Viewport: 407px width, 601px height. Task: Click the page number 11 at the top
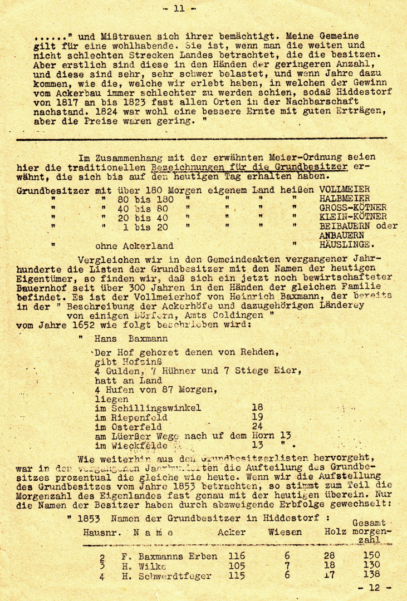click(179, 8)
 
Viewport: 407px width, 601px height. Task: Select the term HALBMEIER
click(345, 199)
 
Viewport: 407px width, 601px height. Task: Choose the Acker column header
click(232, 533)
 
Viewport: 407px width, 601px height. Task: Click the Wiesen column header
click(285, 533)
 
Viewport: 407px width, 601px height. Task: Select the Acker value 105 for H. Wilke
click(237, 566)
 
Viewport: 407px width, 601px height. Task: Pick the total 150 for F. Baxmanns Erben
click(370, 555)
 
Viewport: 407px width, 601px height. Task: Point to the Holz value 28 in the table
click(330, 556)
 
